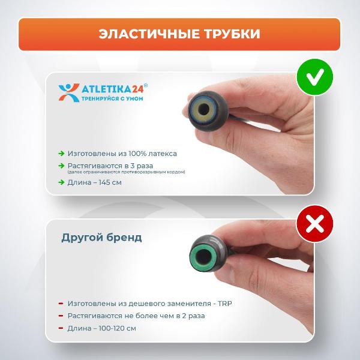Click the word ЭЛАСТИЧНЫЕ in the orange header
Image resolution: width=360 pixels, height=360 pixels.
coord(143,34)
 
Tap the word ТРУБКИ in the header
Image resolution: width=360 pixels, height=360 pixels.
coord(229,34)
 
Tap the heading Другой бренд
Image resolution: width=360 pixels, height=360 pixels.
coord(101,237)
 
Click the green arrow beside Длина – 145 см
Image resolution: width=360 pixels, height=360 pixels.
coord(61,182)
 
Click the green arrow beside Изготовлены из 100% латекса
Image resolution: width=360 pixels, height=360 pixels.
coord(61,153)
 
